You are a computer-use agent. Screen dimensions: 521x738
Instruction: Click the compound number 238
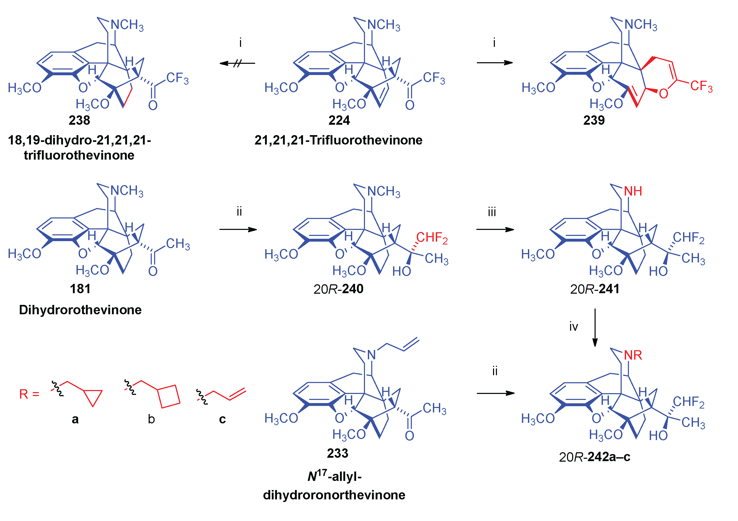click(x=79, y=121)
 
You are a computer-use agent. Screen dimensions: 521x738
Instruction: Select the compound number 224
click(x=339, y=121)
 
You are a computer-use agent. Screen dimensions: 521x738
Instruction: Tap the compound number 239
click(x=594, y=121)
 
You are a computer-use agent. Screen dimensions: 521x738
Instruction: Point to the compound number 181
click(x=80, y=289)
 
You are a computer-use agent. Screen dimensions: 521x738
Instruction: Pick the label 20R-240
click(x=338, y=289)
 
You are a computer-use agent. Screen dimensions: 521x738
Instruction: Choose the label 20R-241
click(x=595, y=289)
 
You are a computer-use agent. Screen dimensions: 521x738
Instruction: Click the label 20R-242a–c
click(x=594, y=457)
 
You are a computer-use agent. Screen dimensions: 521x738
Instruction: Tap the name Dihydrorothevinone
click(x=80, y=310)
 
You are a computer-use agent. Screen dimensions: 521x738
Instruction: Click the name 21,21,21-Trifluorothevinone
click(x=338, y=140)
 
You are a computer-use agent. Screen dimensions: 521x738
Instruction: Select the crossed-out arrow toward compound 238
click(x=237, y=63)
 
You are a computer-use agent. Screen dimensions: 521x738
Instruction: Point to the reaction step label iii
click(x=492, y=212)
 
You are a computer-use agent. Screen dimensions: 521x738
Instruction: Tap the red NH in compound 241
click(x=633, y=191)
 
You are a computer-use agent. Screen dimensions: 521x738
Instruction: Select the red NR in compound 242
click(x=633, y=355)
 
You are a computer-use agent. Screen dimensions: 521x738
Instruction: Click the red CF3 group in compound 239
click(x=701, y=86)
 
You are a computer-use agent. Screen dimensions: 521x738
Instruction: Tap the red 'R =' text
click(x=29, y=394)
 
